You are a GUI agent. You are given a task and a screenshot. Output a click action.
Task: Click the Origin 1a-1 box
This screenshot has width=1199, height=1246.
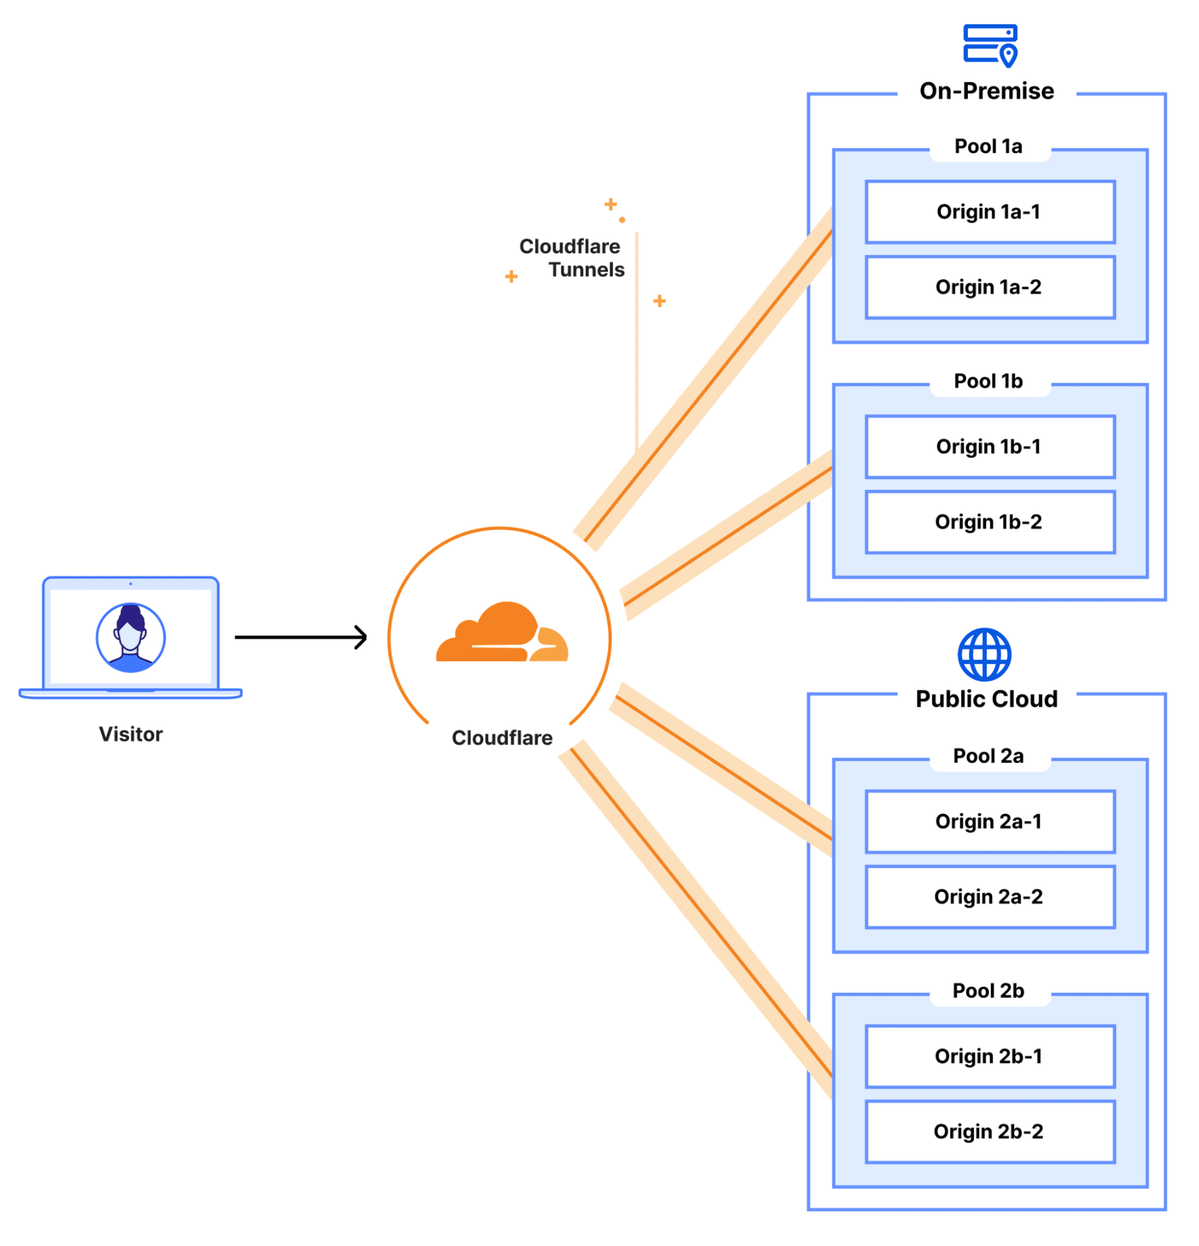tap(989, 212)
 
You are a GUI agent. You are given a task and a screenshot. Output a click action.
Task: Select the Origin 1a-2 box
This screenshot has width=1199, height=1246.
tap(989, 287)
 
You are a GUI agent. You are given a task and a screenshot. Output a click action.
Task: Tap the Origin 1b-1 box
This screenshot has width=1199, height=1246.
tap(989, 447)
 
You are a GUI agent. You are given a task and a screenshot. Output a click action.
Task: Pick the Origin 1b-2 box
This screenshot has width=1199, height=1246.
tap(989, 522)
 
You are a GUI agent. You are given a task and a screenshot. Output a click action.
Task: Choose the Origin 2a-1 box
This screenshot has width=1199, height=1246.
tap(989, 822)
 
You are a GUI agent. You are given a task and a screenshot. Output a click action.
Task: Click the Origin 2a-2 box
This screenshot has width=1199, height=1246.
tap(989, 897)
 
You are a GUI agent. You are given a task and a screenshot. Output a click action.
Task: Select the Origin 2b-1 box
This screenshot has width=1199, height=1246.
tap(989, 1057)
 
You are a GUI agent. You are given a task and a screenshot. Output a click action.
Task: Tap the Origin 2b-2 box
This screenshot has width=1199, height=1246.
tap(989, 1132)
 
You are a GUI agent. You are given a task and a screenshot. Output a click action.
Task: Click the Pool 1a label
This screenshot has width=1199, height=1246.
tap(988, 147)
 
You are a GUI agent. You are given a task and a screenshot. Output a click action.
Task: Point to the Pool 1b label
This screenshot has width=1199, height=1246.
tap(988, 381)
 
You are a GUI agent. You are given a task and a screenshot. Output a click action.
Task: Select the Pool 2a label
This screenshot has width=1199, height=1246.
tap(988, 757)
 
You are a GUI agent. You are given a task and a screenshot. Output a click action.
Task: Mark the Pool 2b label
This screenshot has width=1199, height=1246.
tap(988, 991)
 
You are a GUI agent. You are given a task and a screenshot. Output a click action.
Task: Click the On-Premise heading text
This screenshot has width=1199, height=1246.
tap(987, 91)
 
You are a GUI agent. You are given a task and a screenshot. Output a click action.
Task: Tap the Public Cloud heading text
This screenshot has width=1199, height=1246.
tap(987, 699)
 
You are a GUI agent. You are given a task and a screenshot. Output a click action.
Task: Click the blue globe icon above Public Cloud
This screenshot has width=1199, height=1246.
tap(984, 654)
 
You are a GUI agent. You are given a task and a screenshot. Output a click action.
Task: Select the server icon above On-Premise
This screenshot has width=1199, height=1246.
tap(990, 44)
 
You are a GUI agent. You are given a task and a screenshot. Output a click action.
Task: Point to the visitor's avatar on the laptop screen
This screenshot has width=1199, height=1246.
tap(131, 638)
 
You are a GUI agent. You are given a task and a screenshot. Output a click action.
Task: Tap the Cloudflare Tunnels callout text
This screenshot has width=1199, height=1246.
tap(572, 258)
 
